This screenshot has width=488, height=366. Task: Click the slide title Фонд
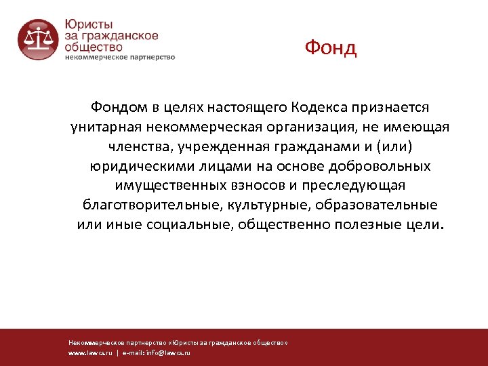coord(330,48)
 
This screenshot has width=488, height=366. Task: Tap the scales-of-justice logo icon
coord(38,39)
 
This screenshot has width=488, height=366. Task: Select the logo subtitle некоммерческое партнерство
coord(120,58)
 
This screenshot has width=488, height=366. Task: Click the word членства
coord(136,146)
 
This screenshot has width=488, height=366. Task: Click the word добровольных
coord(380,166)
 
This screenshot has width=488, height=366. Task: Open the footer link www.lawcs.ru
coord(90,353)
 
